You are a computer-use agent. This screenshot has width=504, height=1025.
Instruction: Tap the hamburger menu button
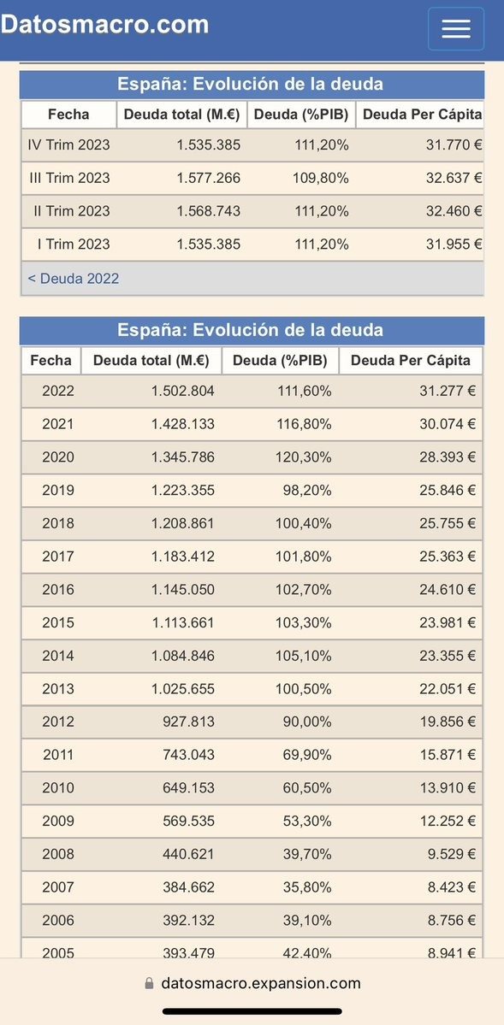coord(455,29)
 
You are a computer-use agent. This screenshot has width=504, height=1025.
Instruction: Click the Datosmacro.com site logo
coord(104,25)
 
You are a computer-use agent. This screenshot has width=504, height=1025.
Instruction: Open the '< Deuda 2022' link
coord(74,279)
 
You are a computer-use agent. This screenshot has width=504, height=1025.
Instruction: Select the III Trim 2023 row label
coord(69,178)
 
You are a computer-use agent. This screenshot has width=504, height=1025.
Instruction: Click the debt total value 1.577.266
coord(208,178)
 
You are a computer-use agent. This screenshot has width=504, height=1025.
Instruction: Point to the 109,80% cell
coord(320,178)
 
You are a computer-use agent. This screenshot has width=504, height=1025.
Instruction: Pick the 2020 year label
coord(58,457)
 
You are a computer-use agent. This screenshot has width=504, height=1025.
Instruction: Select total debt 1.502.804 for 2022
coord(182,391)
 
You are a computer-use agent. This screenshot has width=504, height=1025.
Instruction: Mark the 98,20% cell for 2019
coord(307,491)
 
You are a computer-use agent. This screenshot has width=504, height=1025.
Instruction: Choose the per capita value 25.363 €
coord(448,557)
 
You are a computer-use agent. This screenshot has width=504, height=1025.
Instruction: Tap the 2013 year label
coord(58,689)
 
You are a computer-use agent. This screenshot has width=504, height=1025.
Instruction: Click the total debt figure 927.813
coord(188,722)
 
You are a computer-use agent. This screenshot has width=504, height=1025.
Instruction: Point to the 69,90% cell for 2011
coord(307,755)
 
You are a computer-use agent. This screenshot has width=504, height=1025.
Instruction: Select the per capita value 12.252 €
coord(448,821)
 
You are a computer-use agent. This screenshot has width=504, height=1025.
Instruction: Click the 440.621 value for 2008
coord(188,854)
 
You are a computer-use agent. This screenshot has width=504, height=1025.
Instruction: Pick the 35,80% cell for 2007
coord(307,887)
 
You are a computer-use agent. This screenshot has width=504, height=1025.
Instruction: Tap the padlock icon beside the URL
coord(149,983)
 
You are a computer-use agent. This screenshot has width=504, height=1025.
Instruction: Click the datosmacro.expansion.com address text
coord(260,983)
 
